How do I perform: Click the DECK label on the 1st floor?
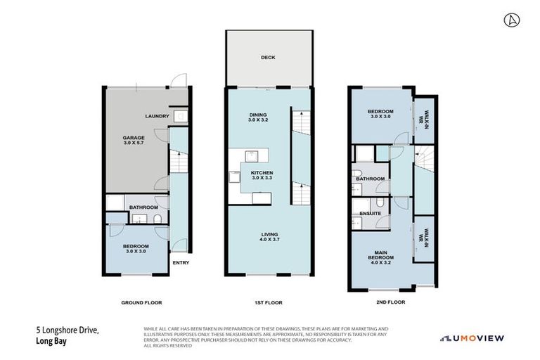pos(266,58)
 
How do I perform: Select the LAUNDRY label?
pos(156,116)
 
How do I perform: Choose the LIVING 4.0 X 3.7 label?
pos(269,237)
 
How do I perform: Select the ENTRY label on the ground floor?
pos(181,263)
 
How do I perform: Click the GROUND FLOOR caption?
pos(141,302)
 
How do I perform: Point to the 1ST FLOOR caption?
pos(268,302)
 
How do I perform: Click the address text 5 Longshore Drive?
pos(67,329)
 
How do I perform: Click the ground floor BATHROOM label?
pos(143,207)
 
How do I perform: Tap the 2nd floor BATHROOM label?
pos(370,179)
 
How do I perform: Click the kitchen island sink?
pos(251,156)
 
